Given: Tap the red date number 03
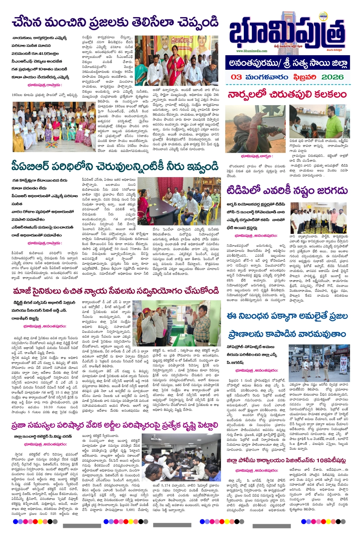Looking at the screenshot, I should click(236, 77).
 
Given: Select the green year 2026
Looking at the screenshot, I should click(333, 77).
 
